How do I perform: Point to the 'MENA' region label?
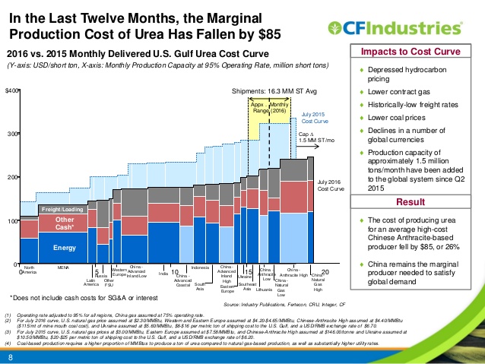[64, 267]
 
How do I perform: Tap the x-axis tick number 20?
[325, 271]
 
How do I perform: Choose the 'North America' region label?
[30, 270]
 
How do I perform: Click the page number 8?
[11, 356]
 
